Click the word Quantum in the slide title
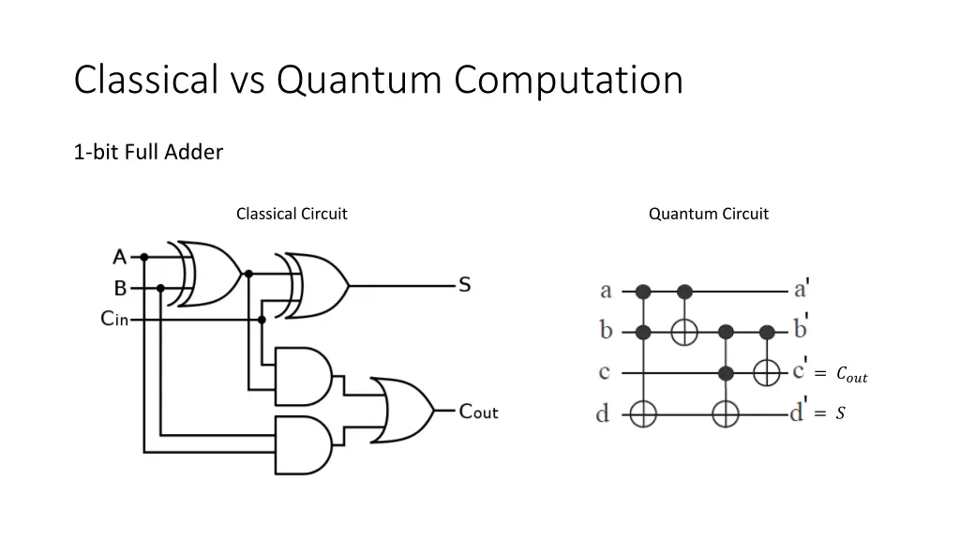pyautogui.click(x=359, y=81)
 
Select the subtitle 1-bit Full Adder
pyautogui.click(x=148, y=152)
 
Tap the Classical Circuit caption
pyautogui.click(x=292, y=214)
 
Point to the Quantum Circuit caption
pyautogui.click(x=709, y=214)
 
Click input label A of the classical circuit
pyautogui.click(x=119, y=257)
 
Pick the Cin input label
pyautogui.click(x=114, y=319)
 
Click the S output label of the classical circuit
pyautogui.click(x=465, y=285)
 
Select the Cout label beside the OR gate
pyautogui.click(x=479, y=412)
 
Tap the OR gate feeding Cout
pyautogui.click(x=402, y=410)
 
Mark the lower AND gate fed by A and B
pyautogui.click(x=304, y=445)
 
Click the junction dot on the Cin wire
pyautogui.click(x=262, y=320)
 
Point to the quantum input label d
pyautogui.click(x=603, y=413)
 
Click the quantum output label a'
pyautogui.click(x=802, y=288)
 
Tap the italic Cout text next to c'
pyautogui.click(x=851, y=373)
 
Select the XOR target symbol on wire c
pyautogui.click(x=767, y=372)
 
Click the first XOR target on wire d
pyautogui.click(x=643, y=414)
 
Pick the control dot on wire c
pyautogui.click(x=726, y=373)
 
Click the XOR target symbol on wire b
pyautogui.click(x=684, y=333)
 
